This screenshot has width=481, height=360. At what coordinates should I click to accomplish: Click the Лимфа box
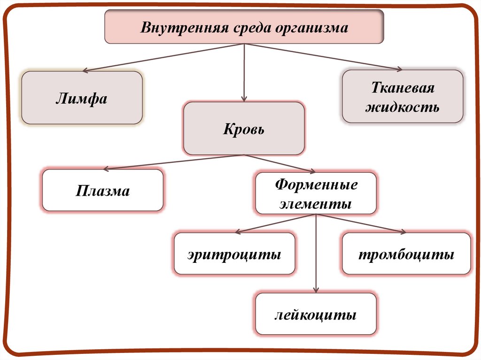pos(82,98)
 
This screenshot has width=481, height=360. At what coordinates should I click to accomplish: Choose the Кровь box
pos(243,129)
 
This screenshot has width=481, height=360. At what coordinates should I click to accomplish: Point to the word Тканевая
pos(403,88)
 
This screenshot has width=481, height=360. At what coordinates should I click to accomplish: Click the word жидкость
pos(403,107)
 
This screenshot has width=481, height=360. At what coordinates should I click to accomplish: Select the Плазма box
pos(103,191)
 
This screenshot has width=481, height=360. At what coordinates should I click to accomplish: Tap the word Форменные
pos(316,184)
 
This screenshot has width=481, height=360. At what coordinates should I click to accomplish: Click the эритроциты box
pos(234,254)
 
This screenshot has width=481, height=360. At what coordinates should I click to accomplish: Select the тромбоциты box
pos(406,254)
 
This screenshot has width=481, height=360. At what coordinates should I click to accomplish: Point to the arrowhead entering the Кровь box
pos(243,99)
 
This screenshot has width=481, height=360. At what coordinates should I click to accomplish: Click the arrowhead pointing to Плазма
pos(106,169)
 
